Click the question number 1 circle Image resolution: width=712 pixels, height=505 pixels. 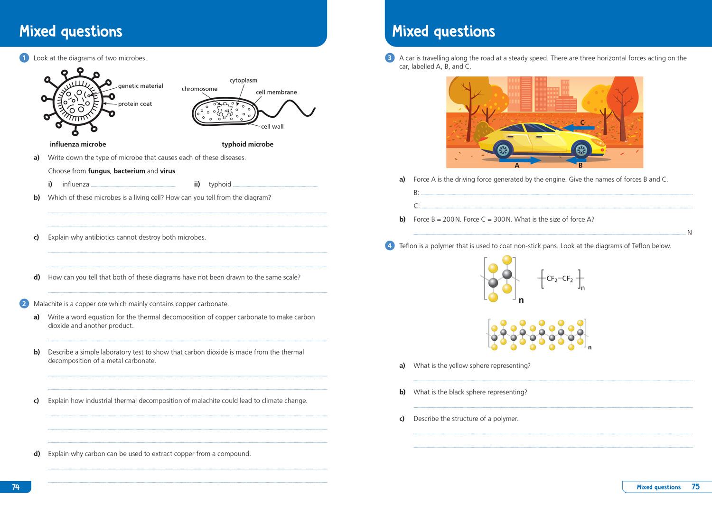pos(24,58)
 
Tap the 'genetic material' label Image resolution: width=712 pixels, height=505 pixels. pos(141,86)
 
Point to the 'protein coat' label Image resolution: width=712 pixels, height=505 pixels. pos(135,104)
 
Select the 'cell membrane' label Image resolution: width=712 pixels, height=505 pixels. pos(276,92)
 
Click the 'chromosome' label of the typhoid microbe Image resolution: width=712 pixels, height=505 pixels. pos(199,89)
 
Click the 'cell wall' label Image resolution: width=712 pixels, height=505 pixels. pos(272,126)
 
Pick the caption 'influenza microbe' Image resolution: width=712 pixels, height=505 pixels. pos(78,144)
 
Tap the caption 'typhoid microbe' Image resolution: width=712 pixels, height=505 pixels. pos(247,144)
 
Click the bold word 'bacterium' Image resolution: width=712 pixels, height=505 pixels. pos(129,171)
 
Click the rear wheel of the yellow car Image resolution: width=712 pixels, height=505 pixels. pos(503,150)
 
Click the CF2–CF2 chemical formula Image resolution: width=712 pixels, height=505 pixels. pos(560,279)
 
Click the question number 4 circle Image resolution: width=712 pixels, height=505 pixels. pos(390,246)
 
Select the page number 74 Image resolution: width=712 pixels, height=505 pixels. pos(16,487)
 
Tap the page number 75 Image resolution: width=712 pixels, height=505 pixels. pos(695,486)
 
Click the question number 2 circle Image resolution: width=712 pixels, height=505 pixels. pos(24,304)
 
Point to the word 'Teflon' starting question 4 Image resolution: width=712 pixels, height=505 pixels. pos(409,246)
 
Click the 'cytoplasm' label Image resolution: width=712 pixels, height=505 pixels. pos(243,80)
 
